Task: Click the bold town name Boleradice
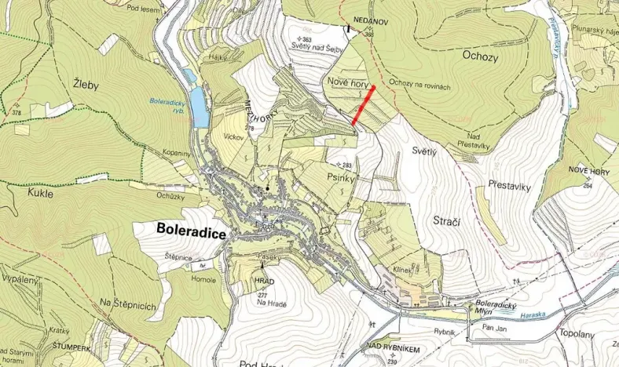181,232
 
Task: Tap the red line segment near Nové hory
364,106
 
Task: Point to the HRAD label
265,280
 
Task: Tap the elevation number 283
346,165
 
